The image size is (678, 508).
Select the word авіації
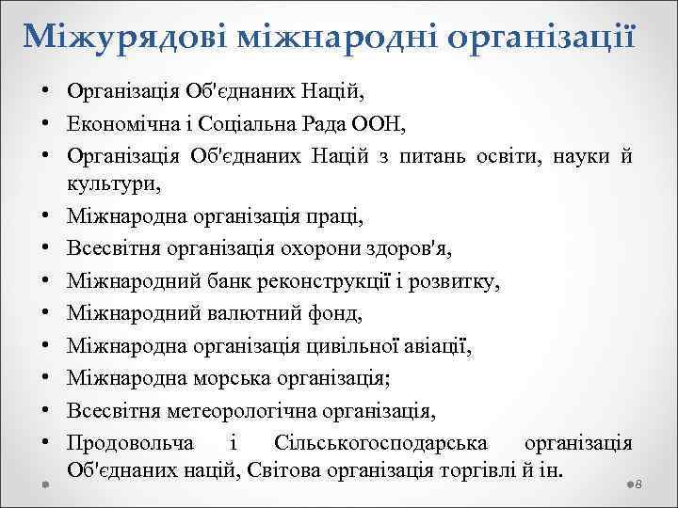[429, 345]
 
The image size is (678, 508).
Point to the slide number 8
[638, 484]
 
